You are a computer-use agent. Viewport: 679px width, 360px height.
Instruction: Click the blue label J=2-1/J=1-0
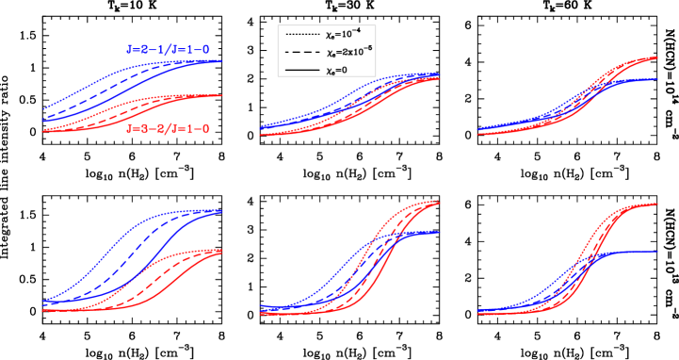click(168, 49)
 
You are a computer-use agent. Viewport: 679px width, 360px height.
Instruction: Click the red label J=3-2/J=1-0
click(168, 129)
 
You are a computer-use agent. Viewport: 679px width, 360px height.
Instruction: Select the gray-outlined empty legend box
click(326, 51)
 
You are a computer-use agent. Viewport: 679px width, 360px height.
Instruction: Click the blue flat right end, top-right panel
click(645, 80)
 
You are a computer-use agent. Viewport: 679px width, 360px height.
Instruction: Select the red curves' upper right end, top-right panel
click(650, 58)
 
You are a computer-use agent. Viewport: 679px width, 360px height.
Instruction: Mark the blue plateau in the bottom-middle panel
click(428, 232)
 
